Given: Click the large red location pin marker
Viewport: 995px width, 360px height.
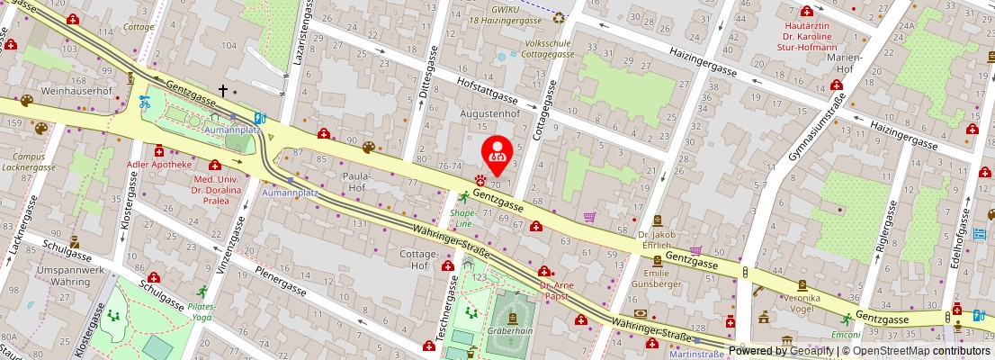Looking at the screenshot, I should pos(497,153).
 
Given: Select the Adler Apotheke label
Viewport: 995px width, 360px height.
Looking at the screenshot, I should pos(161,165).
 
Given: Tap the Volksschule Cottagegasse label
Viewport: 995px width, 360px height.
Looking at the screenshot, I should pos(537,47).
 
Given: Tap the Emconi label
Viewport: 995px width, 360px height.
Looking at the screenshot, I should pos(846,334).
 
